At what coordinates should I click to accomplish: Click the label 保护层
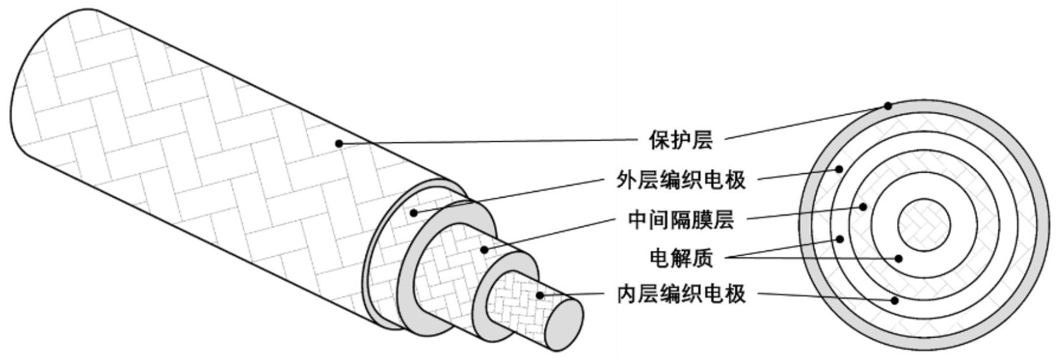pyautogui.click(x=681, y=140)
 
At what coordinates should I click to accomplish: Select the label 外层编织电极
pyautogui.click(x=681, y=179)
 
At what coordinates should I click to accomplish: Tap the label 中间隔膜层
pyautogui.click(x=681, y=219)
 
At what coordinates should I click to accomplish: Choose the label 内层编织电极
pyautogui.click(x=681, y=295)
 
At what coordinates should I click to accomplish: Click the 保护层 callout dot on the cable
pyautogui.click(x=339, y=144)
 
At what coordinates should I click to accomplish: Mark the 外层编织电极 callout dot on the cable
pyautogui.click(x=414, y=213)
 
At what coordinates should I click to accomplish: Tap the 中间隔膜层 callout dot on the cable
pyautogui.click(x=484, y=249)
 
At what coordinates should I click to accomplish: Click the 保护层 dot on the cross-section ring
pyautogui.click(x=887, y=105)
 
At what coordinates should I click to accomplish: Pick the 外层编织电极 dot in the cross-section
pyautogui.click(x=840, y=169)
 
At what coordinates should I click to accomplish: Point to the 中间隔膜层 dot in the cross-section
pyautogui.click(x=863, y=207)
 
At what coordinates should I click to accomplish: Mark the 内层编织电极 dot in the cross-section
pyautogui.click(x=894, y=300)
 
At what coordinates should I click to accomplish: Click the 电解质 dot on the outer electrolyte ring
pyautogui.click(x=840, y=239)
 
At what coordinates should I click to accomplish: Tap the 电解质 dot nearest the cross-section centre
pyautogui.click(x=898, y=259)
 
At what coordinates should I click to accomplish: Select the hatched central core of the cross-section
pyautogui.click(x=923, y=225)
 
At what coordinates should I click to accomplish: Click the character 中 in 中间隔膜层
pyautogui.click(x=639, y=219)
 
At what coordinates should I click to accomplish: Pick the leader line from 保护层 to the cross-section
pyautogui.click(x=806, y=122)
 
